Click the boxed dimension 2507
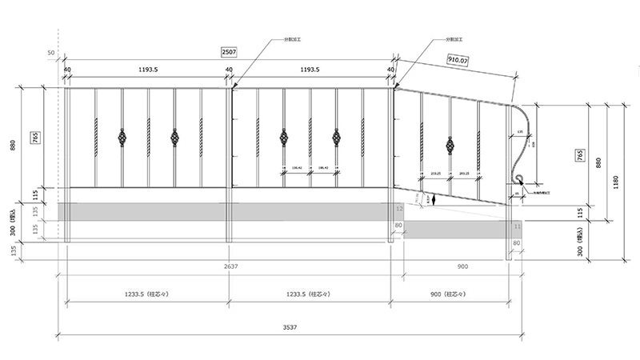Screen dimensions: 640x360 [228, 52]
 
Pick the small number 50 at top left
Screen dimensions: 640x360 [51, 52]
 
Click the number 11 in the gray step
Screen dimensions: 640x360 [516, 227]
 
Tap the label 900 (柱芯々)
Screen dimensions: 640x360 [449, 294]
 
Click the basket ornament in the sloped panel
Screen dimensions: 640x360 [450, 146]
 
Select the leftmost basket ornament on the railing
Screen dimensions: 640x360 [122, 138]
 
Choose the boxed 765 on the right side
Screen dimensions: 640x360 [580, 155]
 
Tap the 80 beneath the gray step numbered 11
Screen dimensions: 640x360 [516, 242]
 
